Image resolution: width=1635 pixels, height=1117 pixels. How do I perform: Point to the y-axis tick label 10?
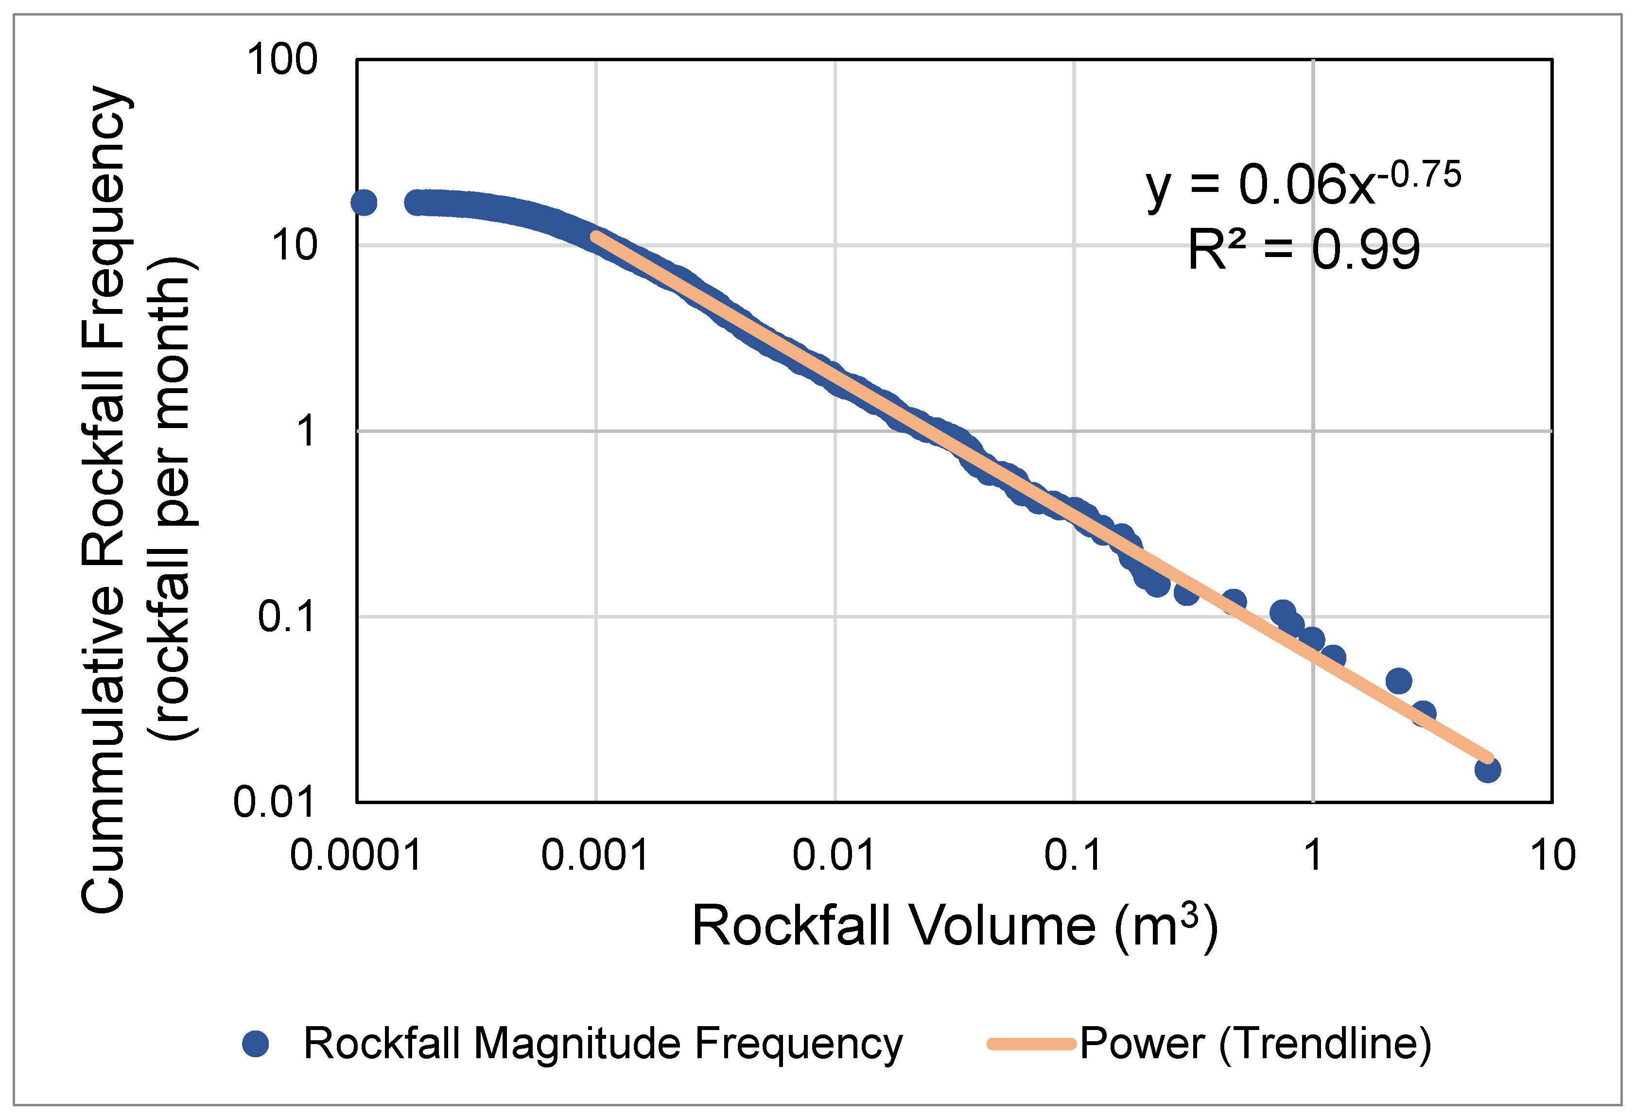(x=295, y=246)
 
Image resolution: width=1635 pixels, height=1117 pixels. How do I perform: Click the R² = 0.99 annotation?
(x=1304, y=250)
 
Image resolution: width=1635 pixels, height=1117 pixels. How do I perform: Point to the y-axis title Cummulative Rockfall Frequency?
(x=104, y=499)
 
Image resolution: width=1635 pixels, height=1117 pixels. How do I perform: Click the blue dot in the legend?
(x=255, y=1044)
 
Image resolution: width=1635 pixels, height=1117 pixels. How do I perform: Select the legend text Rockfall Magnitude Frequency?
(x=603, y=1044)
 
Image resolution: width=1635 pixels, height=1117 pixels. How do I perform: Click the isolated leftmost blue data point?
(x=364, y=203)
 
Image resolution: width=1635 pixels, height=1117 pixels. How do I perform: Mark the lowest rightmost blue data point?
(x=1487, y=770)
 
